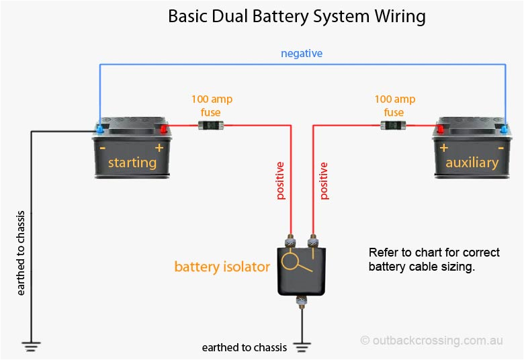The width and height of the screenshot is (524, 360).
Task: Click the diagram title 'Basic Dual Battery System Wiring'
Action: [x=296, y=16]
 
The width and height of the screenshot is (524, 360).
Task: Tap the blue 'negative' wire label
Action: [x=302, y=53]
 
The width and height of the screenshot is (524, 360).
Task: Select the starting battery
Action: [x=132, y=152]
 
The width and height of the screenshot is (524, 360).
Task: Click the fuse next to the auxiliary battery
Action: [x=394, y=125]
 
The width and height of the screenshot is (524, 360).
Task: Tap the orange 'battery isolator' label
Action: [x=222, y=267]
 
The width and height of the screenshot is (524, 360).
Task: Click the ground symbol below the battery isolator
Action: [x=302, y=347]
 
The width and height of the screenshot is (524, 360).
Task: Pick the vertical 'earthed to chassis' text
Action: [x=21, y=253]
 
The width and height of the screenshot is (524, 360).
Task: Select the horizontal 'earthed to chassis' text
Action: [x=245, y=348]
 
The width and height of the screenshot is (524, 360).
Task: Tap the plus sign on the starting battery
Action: [x=159, y=148]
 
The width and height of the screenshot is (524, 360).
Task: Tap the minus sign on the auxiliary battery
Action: [x=500, y=148]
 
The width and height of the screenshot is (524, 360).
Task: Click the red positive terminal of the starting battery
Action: [x=163, y=128]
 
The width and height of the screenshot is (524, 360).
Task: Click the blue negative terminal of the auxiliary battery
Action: [x=503, y=128]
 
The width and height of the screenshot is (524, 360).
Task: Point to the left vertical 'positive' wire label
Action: [x=280, y=181]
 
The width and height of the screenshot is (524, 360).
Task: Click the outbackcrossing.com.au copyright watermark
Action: [x=431, y=341]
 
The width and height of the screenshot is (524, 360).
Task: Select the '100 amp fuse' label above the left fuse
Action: [x=212, y=105]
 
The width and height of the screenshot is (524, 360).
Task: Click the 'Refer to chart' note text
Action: [x=434, y=259]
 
